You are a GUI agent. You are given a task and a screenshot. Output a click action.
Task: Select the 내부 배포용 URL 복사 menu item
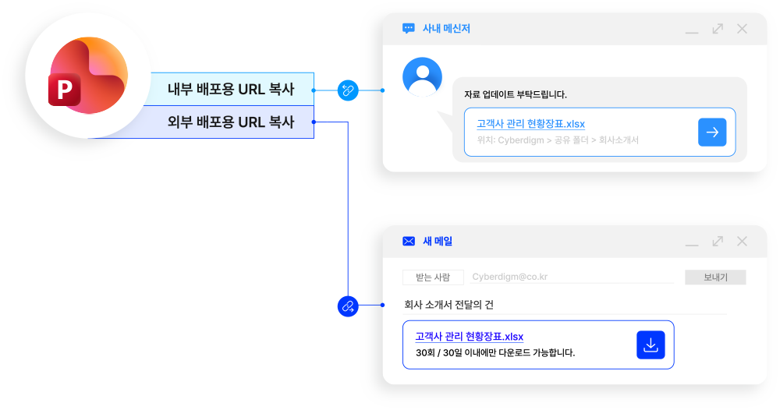pos(231,89)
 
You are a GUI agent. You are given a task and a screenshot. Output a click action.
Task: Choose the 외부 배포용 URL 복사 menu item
pos(231,122)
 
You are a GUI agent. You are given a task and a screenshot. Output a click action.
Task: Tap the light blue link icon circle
pos(347,90)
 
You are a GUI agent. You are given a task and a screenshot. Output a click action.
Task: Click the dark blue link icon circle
pos(347,306)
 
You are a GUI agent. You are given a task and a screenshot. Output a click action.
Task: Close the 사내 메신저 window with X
pos(742,29)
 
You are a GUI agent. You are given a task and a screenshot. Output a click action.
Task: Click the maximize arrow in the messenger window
pos(718,29)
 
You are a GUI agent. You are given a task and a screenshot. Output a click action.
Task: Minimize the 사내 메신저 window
pos(692,32)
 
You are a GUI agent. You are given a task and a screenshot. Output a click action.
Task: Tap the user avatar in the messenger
pos(422,76)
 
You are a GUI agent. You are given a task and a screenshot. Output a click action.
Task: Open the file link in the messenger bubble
pos(530,124)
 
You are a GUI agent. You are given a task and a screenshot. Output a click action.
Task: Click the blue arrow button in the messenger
pos(712,133)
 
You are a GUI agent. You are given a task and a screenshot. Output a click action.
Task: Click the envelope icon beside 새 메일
pos(409,242)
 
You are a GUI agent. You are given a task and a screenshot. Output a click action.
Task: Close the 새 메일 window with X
pos(742,242)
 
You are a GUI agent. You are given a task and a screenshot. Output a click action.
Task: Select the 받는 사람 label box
pos(433,277)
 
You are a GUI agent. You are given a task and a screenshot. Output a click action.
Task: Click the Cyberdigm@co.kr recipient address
pos(509,277)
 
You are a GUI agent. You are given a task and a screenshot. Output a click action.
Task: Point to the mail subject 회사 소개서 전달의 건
pos(448,305)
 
